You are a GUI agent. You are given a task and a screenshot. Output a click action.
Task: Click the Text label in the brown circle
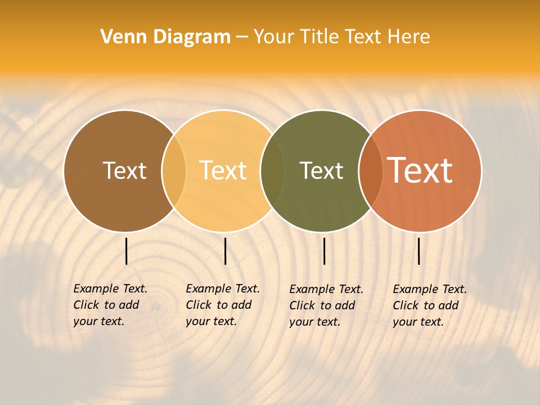pyautogui.click(x=124, y=170)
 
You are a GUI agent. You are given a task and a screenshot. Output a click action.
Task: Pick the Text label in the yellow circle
pyautogui.click(x=223, y=170)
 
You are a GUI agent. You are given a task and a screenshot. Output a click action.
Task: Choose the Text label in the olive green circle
pyautogui.click(x=321, y=170)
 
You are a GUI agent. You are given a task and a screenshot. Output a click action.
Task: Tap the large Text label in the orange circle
pyautogui.click(x=420, y=170)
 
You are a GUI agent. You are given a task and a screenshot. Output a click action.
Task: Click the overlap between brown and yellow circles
pyautogui.click(x=174, y=170)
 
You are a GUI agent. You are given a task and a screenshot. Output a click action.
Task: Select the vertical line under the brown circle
pyautogui.click(x=127, y=251)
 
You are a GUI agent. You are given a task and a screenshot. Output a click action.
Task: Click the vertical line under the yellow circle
pyautogui.click(x=226, y=251)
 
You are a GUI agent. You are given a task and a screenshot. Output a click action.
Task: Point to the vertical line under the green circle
pyautogui.click(x=325, y=251)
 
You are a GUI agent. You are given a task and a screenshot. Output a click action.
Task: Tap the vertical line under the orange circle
pyautogui.click(x=419, y=251)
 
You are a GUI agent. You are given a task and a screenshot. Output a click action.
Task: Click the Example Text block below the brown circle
pyautogui.click(x=110, y=305)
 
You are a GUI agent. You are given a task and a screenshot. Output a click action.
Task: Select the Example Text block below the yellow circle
pyautogui.click(x=223, y=305)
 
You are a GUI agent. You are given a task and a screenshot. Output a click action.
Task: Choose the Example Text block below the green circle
pyautogui.click(x=326, y=305)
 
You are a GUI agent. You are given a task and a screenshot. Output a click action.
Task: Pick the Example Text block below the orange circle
pyautogui.click(x=430, y=305)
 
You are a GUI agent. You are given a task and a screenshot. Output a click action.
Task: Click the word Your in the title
pyautogui.click(x=273, y=37)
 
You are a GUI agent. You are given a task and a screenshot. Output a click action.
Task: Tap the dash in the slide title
pyautogui.click(x=242, y=37)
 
